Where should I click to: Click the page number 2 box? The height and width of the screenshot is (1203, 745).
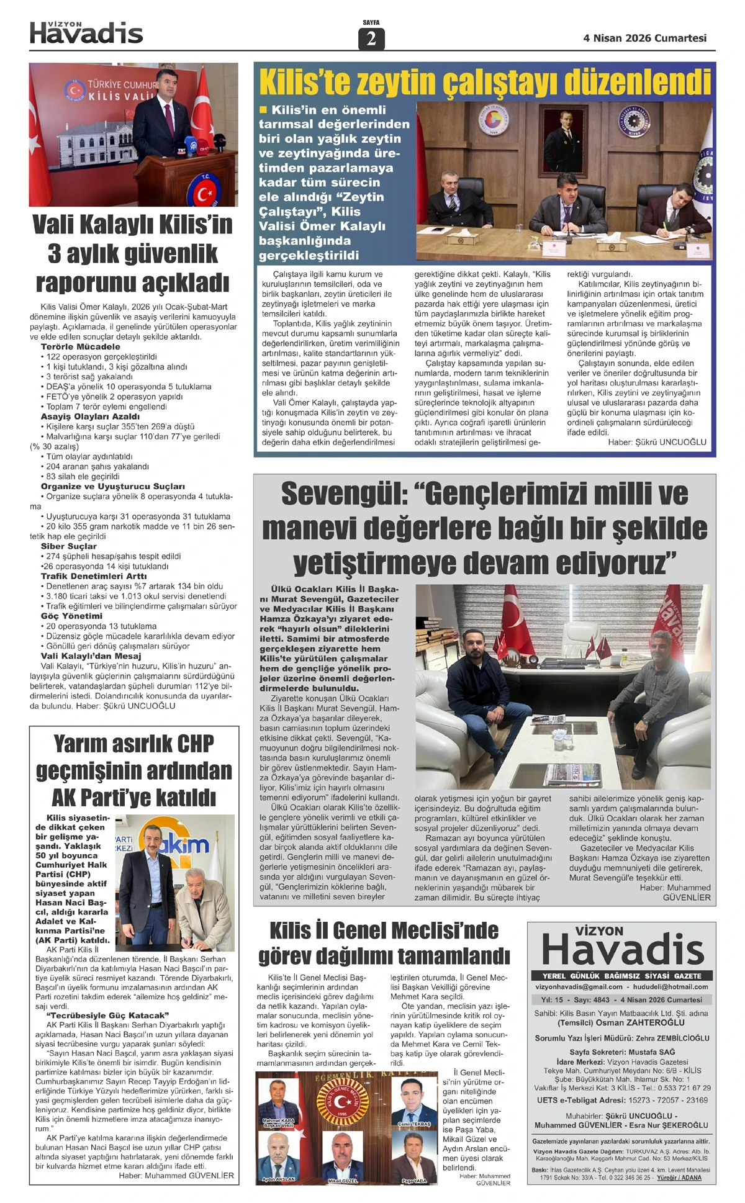tap(371, 39)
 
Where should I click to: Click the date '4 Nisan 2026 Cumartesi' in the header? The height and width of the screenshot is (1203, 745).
tap(644, 38)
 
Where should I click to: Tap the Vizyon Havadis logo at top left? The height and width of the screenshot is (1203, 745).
tap(86, 32)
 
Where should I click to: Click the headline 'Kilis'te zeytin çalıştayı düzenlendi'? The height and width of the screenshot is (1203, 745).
tap(484, 82)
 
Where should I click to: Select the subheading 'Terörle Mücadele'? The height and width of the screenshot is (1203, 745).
tap(81, 346)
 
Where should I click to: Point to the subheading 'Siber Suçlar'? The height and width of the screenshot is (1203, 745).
tap(69, 546)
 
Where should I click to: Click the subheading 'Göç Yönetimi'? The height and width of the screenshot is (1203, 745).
tap(71, 616)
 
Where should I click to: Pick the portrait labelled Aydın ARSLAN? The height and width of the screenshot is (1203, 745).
tap(278, 1156)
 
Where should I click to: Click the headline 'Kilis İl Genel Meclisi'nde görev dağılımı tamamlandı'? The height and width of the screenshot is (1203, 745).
tap(384, 943)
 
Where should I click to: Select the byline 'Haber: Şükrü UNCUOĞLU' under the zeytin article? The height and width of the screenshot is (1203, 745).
tap(657, 442)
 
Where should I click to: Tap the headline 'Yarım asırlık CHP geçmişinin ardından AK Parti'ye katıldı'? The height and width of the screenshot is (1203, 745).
tap(133, 770)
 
